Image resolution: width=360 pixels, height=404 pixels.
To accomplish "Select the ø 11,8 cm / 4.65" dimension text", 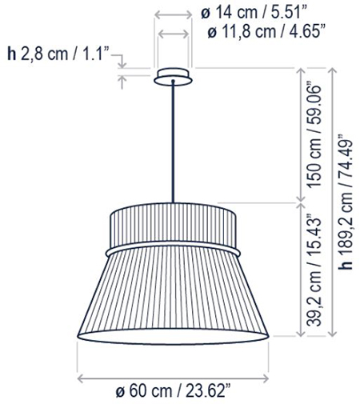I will coord(264,33).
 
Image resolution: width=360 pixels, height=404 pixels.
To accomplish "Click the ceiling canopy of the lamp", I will coord(173,76).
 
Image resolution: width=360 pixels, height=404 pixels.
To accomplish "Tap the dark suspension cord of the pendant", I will coord(173,144).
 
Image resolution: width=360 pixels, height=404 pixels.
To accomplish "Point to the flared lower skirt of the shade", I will coord(173,296).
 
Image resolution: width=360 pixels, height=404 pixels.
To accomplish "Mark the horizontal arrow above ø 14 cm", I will coord(173,14).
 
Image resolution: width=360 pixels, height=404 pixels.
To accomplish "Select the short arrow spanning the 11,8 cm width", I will coord(173,34).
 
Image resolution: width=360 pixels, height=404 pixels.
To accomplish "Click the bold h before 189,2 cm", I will coord(346,267).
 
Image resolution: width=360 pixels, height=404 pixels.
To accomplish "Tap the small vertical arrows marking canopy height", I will coord(122,68).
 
